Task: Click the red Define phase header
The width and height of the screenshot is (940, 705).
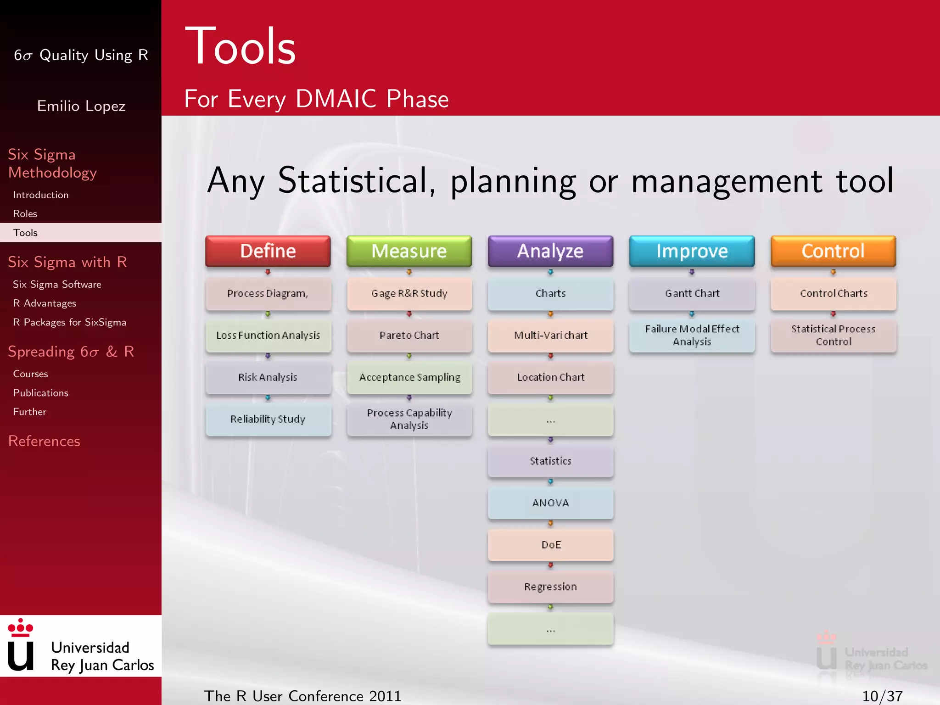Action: (x=268, y=251)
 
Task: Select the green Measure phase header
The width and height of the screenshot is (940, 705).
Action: (x=409, y=251)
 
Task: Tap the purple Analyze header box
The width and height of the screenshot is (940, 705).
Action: (x=550, y=251)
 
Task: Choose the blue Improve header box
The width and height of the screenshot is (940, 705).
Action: (x=692, y=251)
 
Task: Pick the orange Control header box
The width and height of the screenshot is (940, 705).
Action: (x=833, y=251)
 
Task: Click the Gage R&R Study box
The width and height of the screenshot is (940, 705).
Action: (x=409, y=293)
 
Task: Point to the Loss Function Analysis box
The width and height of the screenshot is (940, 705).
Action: (x=268, y=336)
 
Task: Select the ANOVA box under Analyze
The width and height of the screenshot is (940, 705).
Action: (x=550, y=503)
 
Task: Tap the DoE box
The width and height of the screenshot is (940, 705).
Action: (x=550, y=545)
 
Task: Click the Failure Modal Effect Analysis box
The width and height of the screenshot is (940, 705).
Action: (x=692, y=336)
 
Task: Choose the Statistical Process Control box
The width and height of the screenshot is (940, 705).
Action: (x=833, y=336)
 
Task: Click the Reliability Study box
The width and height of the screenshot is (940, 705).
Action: (x=268, y=419)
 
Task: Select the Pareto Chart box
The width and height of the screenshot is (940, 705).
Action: (x=409, y=336)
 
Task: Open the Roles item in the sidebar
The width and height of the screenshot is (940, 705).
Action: (x=25, y=214)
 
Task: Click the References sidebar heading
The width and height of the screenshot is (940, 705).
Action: (x=44, y=441)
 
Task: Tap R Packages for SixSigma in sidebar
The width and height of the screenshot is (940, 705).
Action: (x=69, y=322)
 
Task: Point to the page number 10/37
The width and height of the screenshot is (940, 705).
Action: (x=882, y=696)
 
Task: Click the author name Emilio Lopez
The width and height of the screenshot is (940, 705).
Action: (x=81, y=106)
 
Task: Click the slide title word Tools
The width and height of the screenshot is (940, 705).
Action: (x=241, y=47)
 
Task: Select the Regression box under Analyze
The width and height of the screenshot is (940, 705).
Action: (x=550, y=587)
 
